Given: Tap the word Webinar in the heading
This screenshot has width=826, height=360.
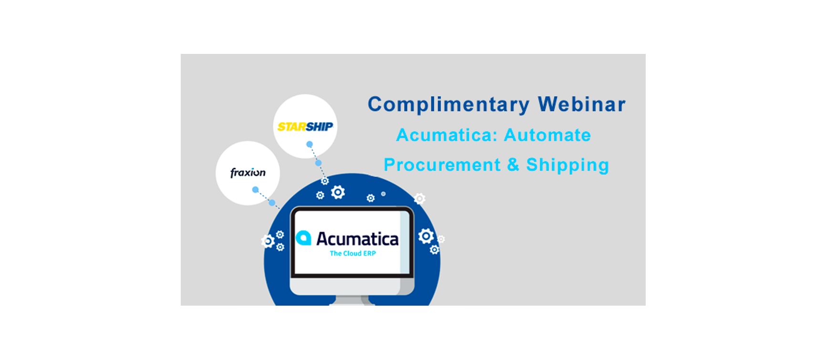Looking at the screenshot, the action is pyautogui.click(x=582, y=104).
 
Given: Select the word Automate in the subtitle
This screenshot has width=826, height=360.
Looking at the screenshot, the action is pyautogui.click(x=547, y=135).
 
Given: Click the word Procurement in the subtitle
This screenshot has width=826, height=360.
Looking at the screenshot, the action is pyautogui.click(x=442, y=165).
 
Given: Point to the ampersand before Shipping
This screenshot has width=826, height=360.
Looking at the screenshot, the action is pyautogui.click(x=513, y=165).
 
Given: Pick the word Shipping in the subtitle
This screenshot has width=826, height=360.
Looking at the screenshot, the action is pyautogui.click(x=568, y=165).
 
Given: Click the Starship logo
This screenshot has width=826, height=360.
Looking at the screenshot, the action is pyautogui.click(x=305, y=126).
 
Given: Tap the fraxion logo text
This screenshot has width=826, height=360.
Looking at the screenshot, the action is pyautogui.click(x=248, y=172).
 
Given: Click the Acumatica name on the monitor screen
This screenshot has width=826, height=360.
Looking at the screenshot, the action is pyautogui.click(x=357, y=238).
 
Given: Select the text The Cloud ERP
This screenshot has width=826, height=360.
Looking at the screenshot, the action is pyautogui.click(x=353, y=253).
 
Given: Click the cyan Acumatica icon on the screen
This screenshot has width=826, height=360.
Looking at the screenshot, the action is pyautogui.click(x=303, y=238).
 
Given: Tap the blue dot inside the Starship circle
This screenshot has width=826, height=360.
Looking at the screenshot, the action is pyautogui.click(x=310, y=144).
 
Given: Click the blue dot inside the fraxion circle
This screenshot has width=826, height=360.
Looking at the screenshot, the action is pyautogui.click(x=255, y=189).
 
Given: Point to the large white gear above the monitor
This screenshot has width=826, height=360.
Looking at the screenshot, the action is pyautogui.click(x=338, y=192).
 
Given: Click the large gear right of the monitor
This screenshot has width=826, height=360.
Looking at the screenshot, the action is pyautogui.click(x=426, y=236).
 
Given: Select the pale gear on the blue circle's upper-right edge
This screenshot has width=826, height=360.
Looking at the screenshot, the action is pyautogui.click(x=420, y=198).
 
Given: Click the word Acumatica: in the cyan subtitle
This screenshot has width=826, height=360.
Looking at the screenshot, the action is pyautogui.click(x=447, y=135).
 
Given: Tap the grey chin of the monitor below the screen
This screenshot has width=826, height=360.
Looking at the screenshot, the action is pyautogui.click(x=352, y=287).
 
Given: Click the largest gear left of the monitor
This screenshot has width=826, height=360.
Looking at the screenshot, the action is pyautogui.click(x=268, y=241).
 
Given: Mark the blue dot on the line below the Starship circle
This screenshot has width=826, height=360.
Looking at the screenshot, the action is pyautogui.click(x=319, y=163).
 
